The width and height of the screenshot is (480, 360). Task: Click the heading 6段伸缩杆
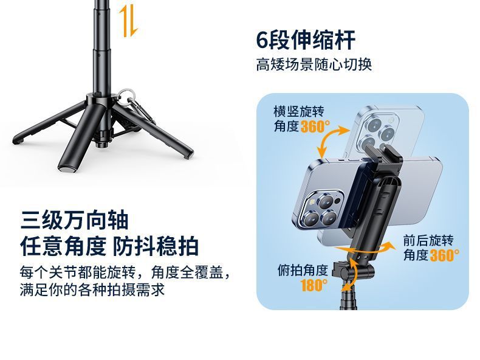click(305, 40)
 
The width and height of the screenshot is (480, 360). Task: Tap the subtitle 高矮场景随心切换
click(314, 64)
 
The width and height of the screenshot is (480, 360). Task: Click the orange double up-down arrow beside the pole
click(128, 21)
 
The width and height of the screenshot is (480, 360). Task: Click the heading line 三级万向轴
click(74, 220)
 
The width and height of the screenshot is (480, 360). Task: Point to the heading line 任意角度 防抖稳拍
click(109, 246)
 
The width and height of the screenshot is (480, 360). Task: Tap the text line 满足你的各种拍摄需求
click(92, 289)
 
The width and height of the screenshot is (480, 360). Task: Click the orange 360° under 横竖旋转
click(315, 126)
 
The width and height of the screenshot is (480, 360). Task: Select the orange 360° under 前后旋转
click(445, 255)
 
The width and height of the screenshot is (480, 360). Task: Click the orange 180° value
click(314, 285)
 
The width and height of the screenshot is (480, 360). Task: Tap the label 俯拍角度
click(303, 270)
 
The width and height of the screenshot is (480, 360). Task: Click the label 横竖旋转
click(298, 111)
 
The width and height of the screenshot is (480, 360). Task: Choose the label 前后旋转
click(428, 241)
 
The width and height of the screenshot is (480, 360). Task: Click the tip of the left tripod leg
click(18, 140)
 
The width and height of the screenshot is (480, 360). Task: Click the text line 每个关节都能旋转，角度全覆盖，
click(125, 272)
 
